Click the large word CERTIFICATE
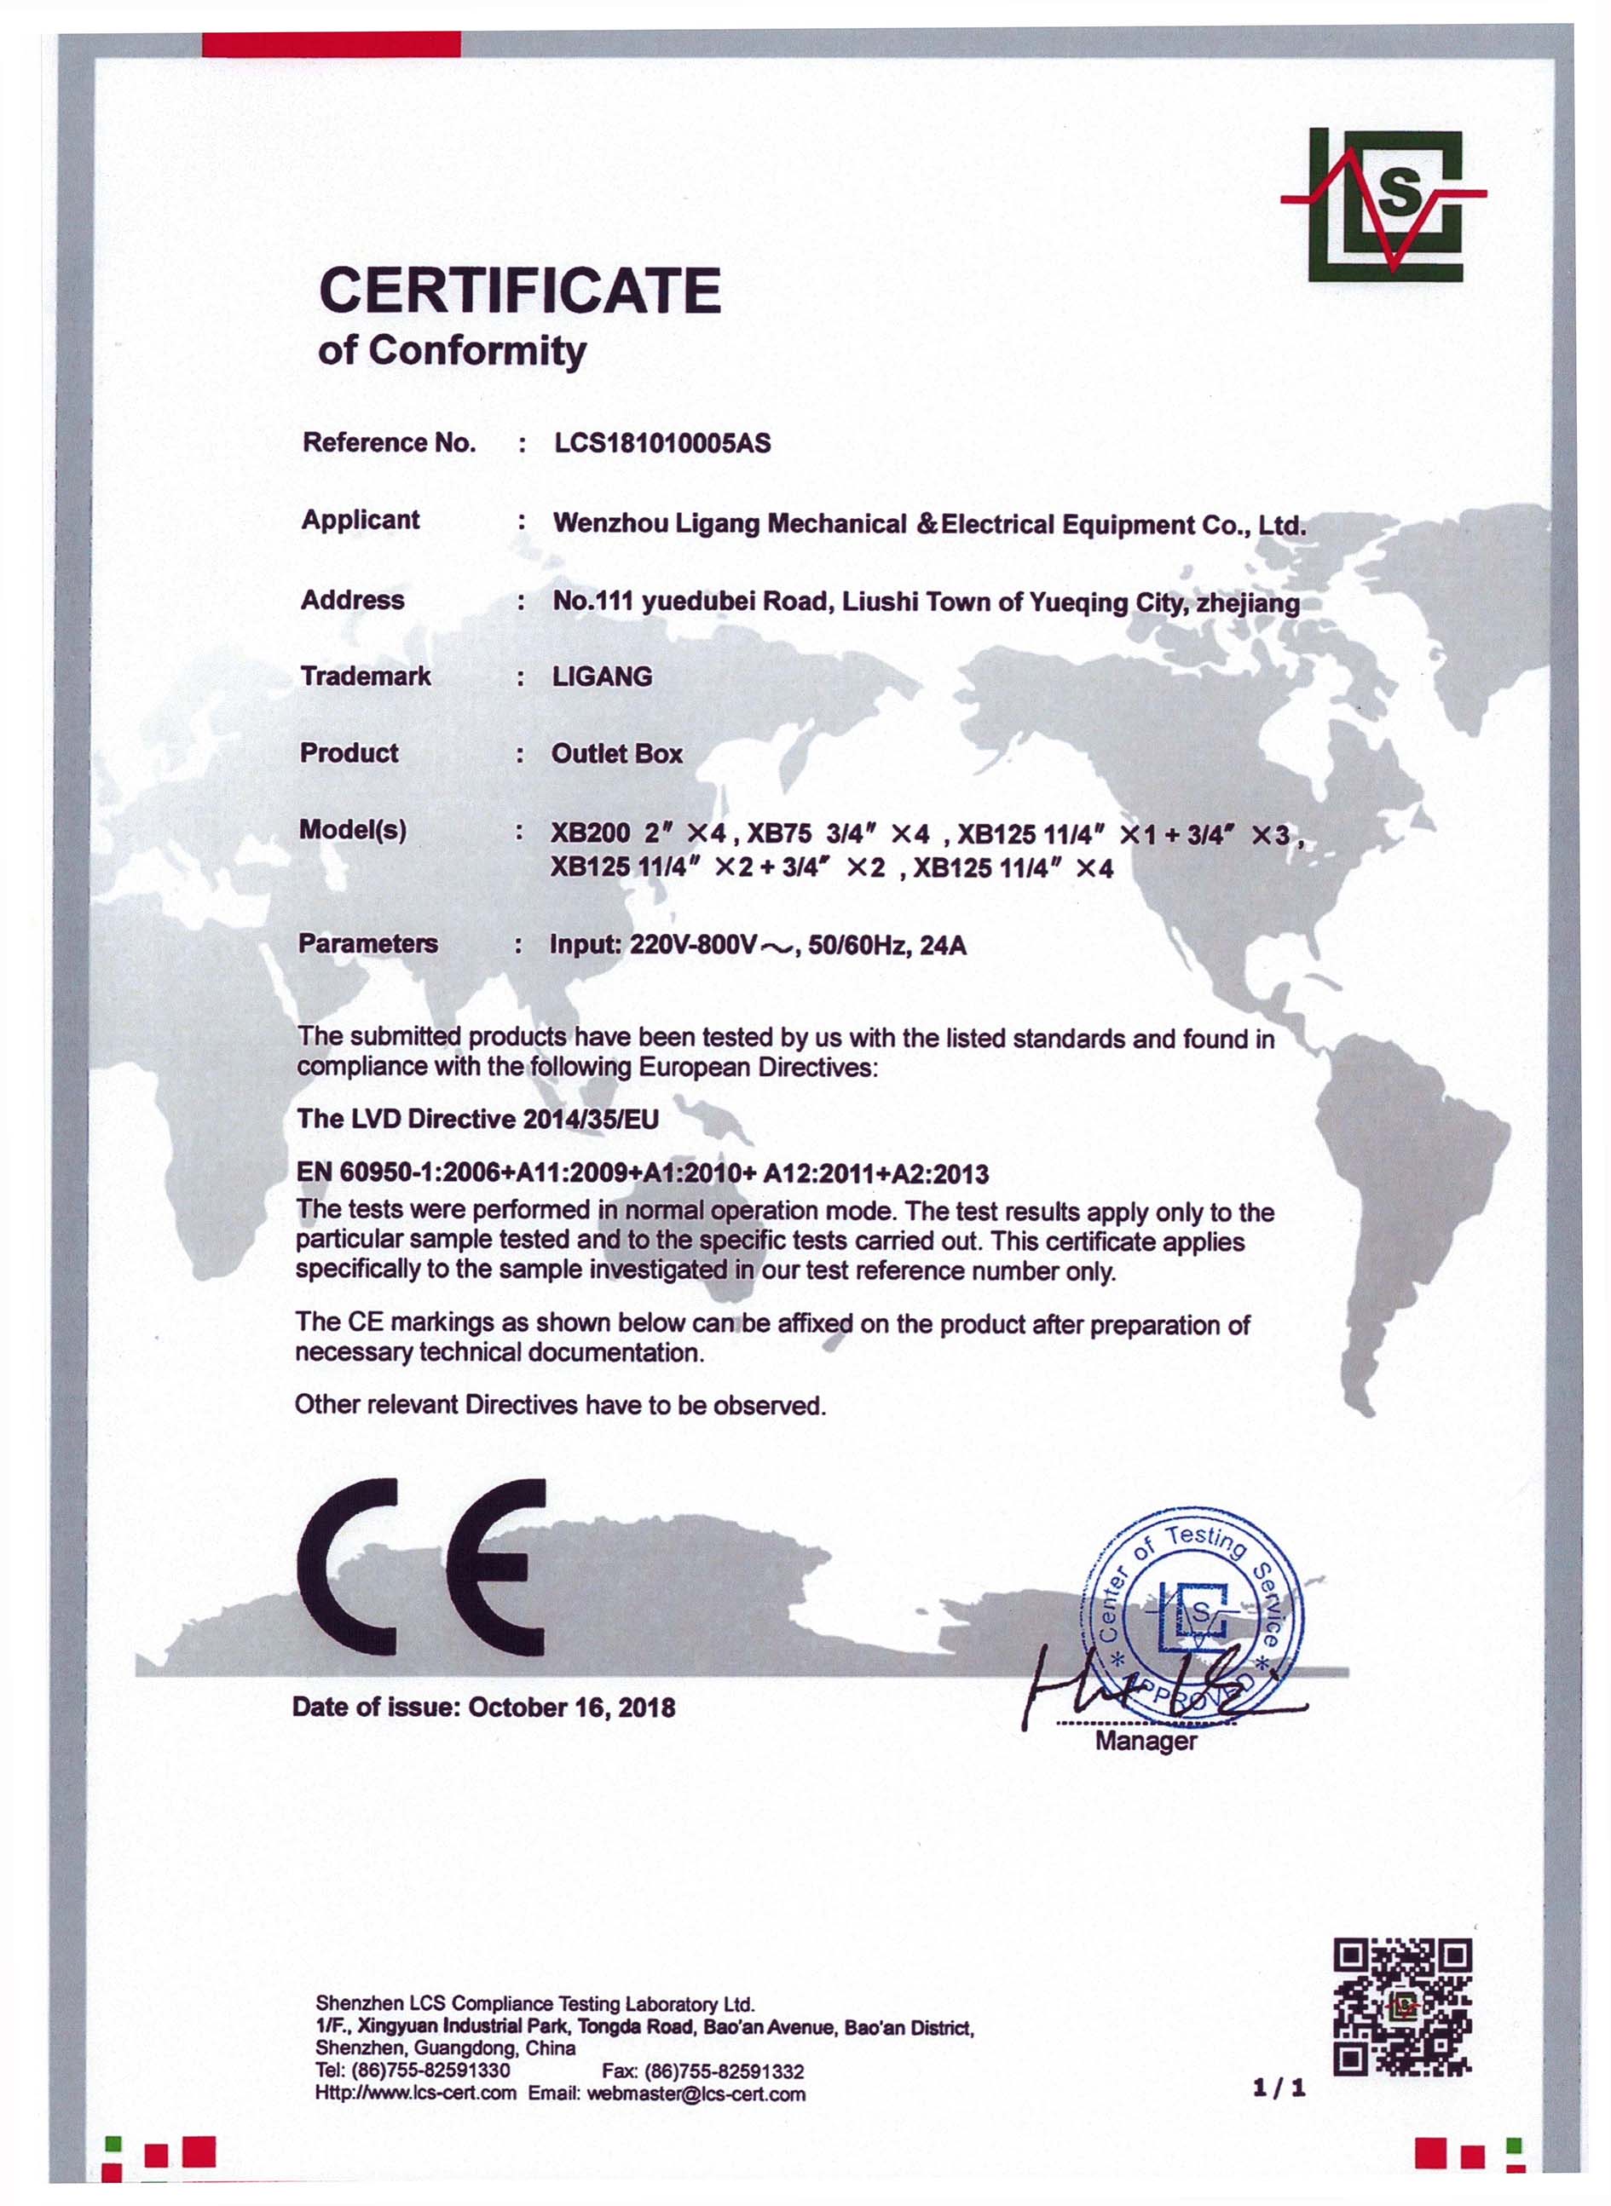(520, 291)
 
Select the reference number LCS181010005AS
(662, 444)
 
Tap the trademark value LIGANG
(602, 677)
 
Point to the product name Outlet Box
(616, 753)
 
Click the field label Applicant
(360, 520)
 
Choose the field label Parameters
(367, 943)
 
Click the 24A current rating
(942, 946)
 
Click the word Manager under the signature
(1145, 1741)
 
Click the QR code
(1401, 2006)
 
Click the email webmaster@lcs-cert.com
(696, 2094)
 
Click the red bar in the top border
(331, 43)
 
